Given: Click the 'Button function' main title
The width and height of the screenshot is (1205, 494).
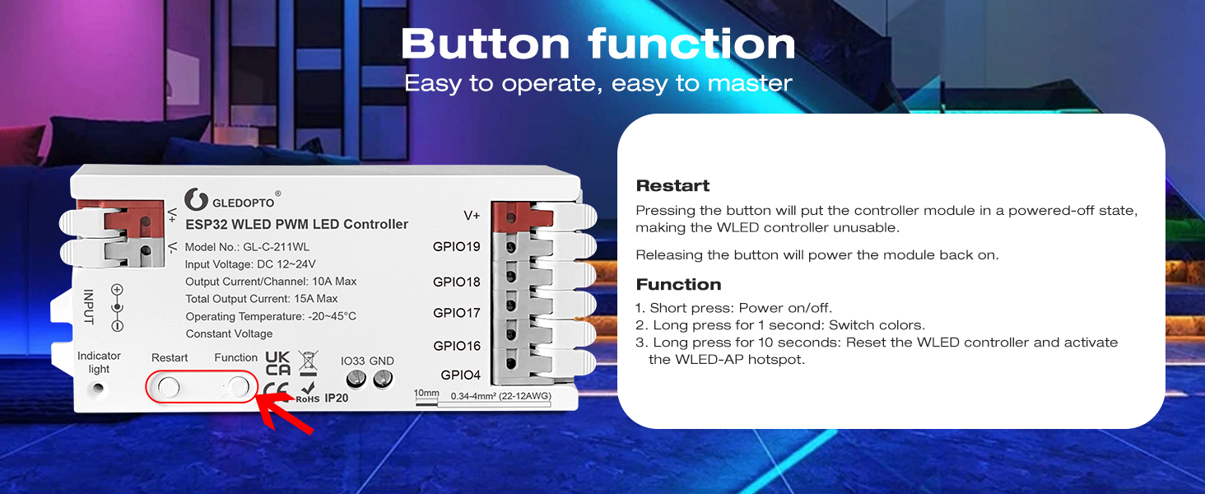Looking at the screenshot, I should [598, 44].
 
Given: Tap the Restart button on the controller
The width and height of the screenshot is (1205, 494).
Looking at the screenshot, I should [169, 386].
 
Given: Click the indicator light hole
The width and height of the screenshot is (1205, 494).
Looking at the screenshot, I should [100, 389].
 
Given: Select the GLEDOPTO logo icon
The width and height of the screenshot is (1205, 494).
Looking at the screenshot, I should [196, 199].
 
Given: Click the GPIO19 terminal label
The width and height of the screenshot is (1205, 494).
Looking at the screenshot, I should [457, 246].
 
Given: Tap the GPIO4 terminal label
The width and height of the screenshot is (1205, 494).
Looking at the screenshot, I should [460, 375].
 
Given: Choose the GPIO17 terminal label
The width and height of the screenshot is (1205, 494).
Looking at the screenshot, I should [457, 313].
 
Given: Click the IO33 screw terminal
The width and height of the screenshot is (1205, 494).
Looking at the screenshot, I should [356, 380].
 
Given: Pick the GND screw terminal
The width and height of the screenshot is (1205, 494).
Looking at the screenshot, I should [383, 380].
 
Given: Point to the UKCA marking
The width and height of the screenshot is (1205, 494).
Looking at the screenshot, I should [278, 364].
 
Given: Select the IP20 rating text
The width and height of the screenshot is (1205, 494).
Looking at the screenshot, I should [337, 398].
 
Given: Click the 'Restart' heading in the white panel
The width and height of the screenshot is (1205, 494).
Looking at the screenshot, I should [672, 186].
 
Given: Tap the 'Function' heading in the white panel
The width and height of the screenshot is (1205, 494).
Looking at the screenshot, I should [678, 285].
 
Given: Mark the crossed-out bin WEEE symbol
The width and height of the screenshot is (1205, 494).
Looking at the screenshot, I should [308, 361].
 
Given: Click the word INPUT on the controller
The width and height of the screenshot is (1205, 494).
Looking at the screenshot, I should [88, 306].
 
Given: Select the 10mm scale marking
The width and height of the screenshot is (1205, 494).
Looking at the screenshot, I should [426, 394].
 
